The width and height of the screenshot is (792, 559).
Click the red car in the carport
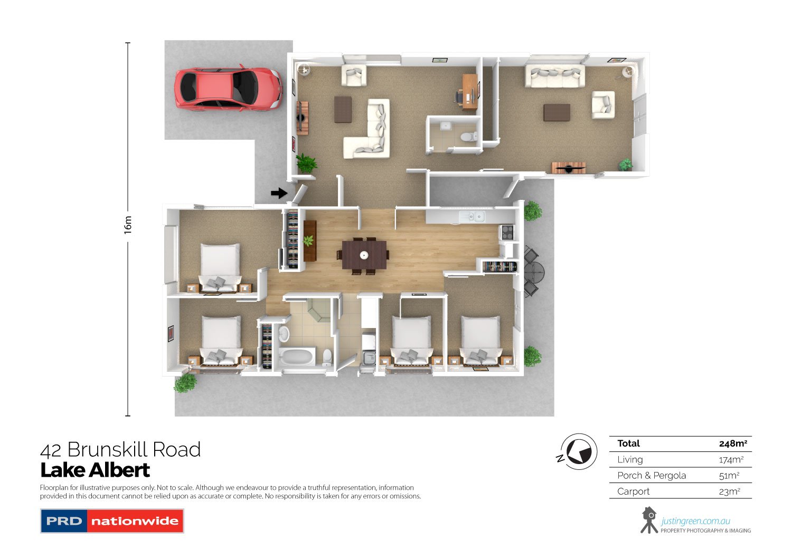[x=228, y=88]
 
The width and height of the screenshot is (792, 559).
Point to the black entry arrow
[x=279, y=193]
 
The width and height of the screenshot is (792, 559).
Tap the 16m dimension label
[x=128, y=225]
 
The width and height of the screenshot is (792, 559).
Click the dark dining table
[x=364, y=255]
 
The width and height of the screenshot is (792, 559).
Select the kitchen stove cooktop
[x=507, y=233]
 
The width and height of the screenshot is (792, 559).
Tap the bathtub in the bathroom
[x=297, y=357]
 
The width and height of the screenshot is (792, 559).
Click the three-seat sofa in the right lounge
[x=554, y=76]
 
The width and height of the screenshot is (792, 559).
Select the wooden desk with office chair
[x=467, y=91]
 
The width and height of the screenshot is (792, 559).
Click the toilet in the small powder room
[x=469, y=136]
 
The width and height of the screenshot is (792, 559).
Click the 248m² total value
[x=733, y=444]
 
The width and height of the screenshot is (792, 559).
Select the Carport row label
[x=633, y=491]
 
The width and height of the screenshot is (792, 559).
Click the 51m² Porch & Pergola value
[x=729, y=476]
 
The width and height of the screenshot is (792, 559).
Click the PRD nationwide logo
[x=112, y=521]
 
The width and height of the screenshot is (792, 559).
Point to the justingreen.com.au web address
[x=695, y=521]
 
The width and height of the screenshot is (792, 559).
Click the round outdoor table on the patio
[x=534, y=271]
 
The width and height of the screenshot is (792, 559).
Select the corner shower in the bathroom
[x=318, y=310]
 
